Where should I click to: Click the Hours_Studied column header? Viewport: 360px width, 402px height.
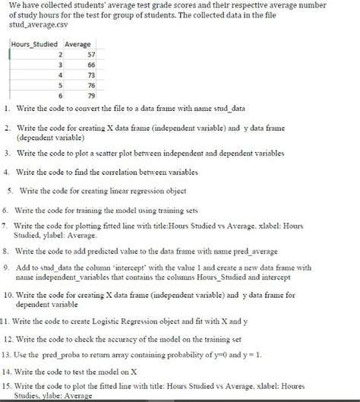click(x=34, y=45)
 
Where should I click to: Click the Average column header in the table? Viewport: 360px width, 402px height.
click(x=78, y=45)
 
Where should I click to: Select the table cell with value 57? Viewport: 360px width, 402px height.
click(x=89, y=55)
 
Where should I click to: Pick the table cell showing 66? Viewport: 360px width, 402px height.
click(x=89, y=65)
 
